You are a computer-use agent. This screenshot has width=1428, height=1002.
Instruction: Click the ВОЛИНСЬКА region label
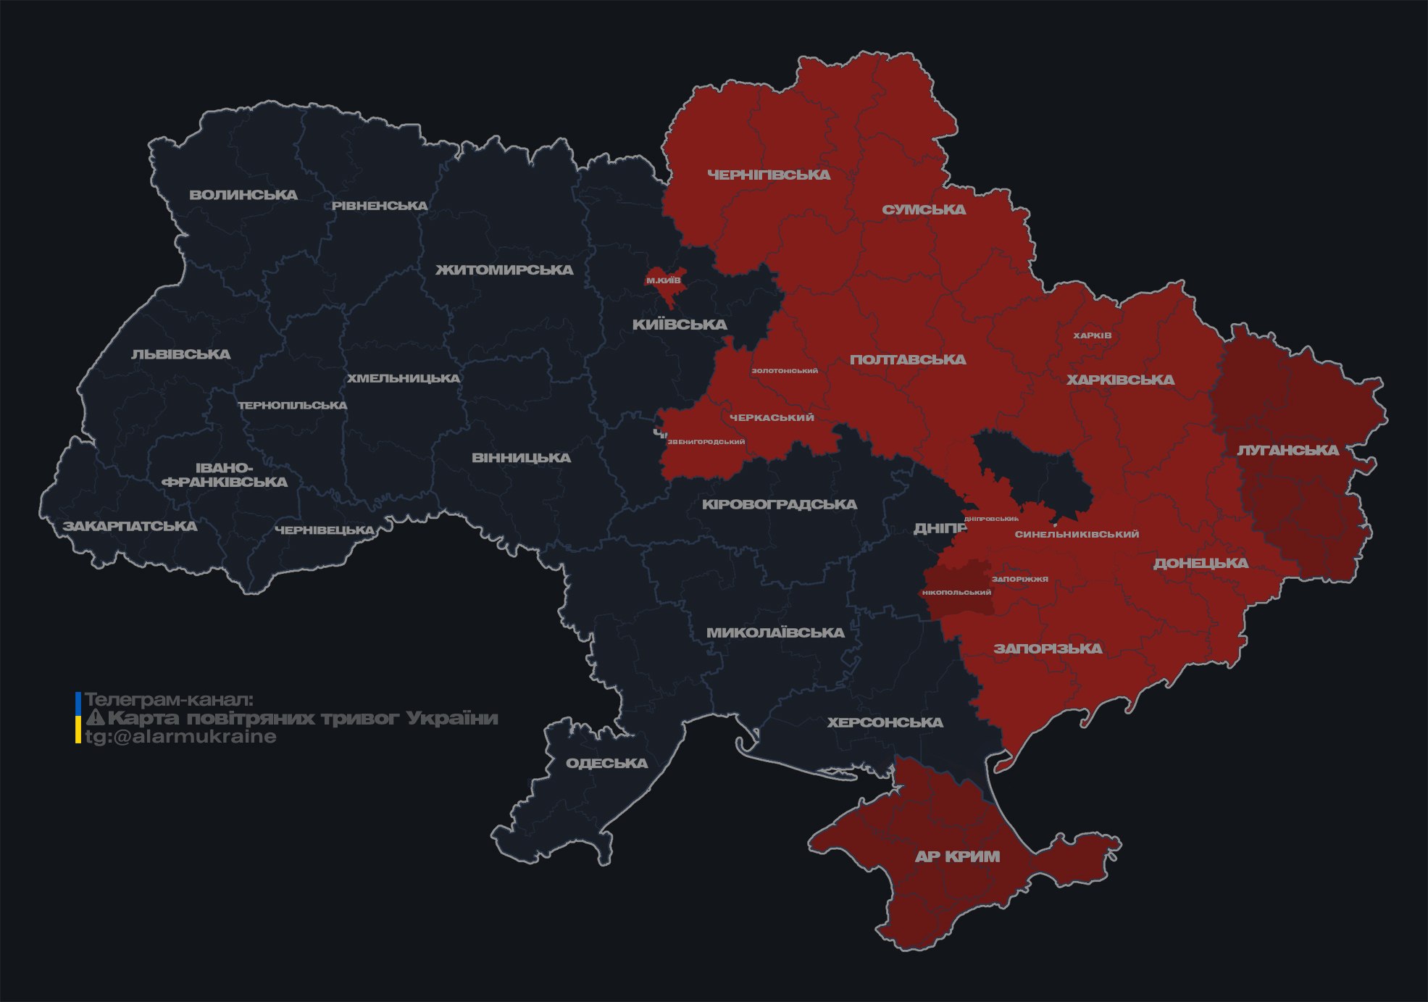click(x=243, y=195)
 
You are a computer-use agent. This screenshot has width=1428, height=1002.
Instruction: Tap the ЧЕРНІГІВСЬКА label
click(x=769, y=175)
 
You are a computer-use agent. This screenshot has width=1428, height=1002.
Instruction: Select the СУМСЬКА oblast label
click(x=924, y=210)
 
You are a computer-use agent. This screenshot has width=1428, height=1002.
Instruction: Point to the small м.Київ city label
click(x=664, y=280)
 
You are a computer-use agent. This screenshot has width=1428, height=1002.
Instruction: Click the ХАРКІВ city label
click(x=1092, y=335)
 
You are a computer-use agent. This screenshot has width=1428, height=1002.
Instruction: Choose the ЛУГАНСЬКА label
click(x=1287, y=451)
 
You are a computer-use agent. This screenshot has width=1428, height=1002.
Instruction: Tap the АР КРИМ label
click(x=957, y=856)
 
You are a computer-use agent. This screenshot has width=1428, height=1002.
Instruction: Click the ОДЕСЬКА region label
click(x=606, y=764)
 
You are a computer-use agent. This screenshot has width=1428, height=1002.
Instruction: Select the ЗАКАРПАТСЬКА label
click(x=130, y=526)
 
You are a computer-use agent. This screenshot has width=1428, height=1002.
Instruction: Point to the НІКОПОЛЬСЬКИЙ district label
click(x=956, y=593)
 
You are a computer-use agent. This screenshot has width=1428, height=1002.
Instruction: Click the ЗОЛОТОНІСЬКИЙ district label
click(x=785, y=371)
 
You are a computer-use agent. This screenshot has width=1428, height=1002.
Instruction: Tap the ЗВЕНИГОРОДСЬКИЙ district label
click(x=706, y=442)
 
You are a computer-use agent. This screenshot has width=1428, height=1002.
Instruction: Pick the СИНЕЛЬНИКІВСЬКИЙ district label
click(x=1077, y=535)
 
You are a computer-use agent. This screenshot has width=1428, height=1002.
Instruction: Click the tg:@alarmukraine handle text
click(x=180, y=737)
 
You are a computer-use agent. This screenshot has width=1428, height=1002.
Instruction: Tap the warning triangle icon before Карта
click(x=95, y=718)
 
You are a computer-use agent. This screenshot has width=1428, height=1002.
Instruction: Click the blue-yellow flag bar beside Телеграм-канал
click(x=78, y=717)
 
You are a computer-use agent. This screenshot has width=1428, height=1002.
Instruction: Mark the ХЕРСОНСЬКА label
click(x=885, y=723)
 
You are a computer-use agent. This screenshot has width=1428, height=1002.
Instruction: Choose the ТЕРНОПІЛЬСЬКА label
click(x=293, y=406)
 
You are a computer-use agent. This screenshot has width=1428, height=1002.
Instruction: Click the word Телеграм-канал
click(x=169, y=700)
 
